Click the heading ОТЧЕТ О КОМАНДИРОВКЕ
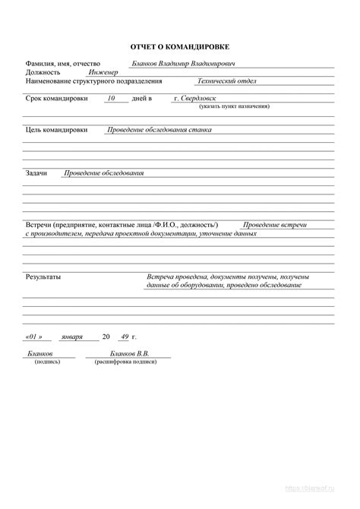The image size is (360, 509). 180,47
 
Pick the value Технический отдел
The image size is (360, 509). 227,81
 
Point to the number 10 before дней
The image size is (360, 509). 112,99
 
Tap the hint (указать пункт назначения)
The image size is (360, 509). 235,107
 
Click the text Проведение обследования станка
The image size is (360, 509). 159,130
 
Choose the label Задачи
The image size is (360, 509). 36,173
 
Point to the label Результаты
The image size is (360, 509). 43,277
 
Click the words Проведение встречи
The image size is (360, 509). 275,226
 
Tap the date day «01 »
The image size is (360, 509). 33,336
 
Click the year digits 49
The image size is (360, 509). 122,336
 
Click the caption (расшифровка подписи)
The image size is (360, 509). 126,362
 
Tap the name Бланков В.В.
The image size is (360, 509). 129,354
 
